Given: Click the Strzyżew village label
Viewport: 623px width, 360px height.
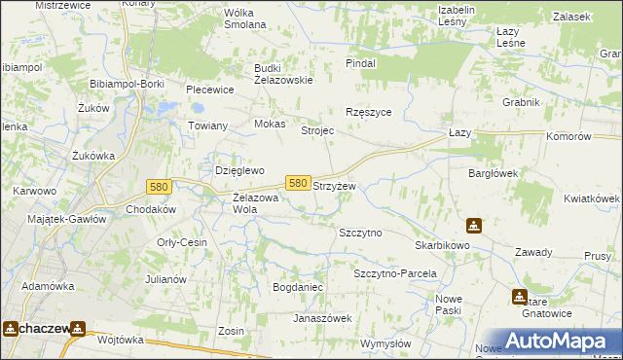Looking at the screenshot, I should [x=334, y=185].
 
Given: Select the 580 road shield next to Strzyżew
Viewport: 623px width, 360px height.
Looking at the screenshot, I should [x=299, y=183].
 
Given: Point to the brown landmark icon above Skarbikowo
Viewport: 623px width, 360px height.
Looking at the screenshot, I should [x=473, y=226].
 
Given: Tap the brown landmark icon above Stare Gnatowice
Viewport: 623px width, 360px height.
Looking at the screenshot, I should [x=520, y=297].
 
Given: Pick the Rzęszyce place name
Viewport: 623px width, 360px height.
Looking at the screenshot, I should [x=369, y=112].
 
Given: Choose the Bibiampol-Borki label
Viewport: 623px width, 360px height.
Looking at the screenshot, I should [x=126, y=85].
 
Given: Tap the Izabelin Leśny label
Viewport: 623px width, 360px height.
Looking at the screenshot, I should [x=456, y=16].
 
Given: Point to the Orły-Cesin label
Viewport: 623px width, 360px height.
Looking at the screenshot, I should [x=182, y=242].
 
